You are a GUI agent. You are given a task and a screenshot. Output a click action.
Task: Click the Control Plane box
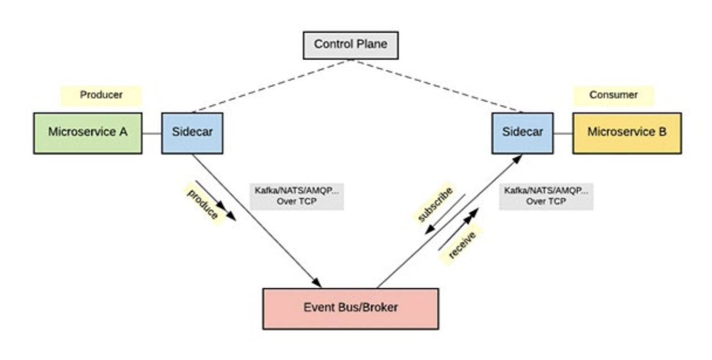tap(350, 45)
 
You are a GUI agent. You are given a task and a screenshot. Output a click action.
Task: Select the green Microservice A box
tap(87, 133)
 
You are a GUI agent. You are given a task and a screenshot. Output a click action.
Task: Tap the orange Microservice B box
tap(627, 133)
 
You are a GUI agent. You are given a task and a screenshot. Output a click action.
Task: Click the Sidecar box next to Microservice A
tap(192, 133)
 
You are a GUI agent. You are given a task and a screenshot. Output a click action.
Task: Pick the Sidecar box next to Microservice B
tap(522, 133)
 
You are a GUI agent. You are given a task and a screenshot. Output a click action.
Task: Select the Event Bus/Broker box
tap(350, 308)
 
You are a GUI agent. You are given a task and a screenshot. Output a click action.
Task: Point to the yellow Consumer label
tap(613, 95)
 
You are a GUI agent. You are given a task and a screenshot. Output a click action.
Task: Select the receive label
tap(462, 244)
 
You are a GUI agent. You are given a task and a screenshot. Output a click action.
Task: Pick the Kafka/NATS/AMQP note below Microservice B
tap(546, 195)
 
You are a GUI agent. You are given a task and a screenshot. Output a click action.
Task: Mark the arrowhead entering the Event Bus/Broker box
tap(317, 283)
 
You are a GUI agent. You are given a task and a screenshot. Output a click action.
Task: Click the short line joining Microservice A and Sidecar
tap(152, 134)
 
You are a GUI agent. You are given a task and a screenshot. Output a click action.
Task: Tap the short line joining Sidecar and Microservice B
tap(562, 134)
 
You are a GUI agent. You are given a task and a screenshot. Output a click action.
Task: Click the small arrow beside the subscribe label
tap(446, 213)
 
